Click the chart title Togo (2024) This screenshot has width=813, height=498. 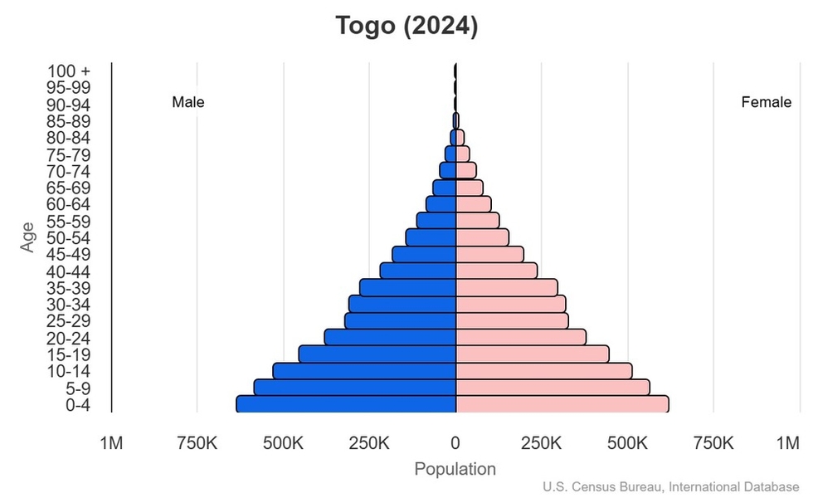406,26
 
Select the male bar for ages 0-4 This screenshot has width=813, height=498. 346,404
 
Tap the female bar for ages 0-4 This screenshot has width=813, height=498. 562,404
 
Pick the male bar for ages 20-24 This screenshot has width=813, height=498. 390,337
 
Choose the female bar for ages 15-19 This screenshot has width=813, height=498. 532,354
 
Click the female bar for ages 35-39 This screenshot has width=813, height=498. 506,287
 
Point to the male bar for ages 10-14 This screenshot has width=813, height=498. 364,370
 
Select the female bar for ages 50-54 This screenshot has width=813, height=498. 482,237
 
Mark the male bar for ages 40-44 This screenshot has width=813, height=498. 418,271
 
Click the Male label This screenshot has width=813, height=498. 188,102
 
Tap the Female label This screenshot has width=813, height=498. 766,102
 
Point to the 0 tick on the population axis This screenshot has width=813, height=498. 455,442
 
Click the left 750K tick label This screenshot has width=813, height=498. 197,442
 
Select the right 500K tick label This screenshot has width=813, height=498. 627,442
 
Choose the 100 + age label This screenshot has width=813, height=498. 69,71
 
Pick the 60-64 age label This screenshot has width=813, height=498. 69,204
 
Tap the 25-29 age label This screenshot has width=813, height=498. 69,321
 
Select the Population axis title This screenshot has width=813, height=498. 455,469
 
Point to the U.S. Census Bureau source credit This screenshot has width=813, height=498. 672,487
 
